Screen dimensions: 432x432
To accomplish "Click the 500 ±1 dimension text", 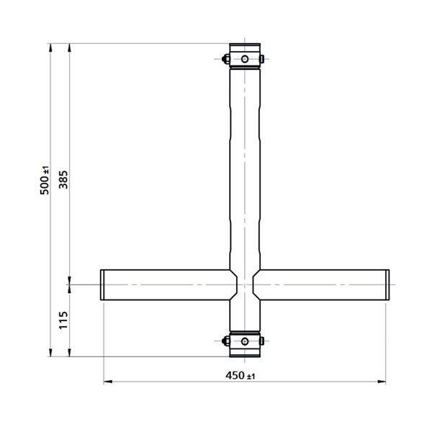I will (45, 179).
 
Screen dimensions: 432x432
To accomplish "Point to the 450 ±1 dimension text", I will (240, 375).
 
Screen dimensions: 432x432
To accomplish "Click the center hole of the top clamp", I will (245, 58).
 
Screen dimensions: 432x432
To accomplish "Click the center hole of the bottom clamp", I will (245, 341).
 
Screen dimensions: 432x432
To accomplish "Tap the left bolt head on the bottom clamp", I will (226, 341).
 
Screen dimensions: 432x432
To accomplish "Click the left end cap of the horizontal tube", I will (102, 285).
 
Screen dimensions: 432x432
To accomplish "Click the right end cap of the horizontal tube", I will (387, 285).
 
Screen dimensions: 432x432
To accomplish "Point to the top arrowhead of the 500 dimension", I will (50, 47).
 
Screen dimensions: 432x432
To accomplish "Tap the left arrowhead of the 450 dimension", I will (107, 382).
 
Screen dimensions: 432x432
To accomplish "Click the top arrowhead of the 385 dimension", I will (69, 47).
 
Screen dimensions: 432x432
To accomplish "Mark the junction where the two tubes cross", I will (245, 285).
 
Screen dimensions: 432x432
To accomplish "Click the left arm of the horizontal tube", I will (166, 285).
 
